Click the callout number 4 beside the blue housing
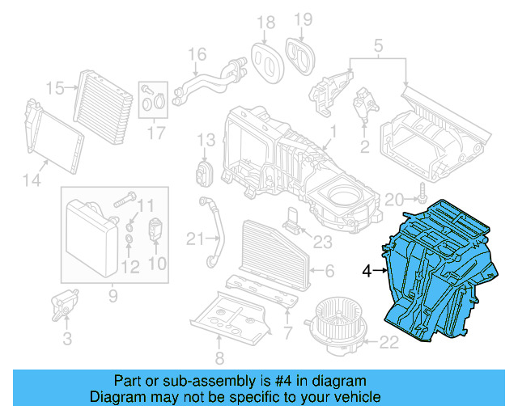pos(367,272)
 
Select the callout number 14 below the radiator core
pos(31,180)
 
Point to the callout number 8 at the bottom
pos(219,359)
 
